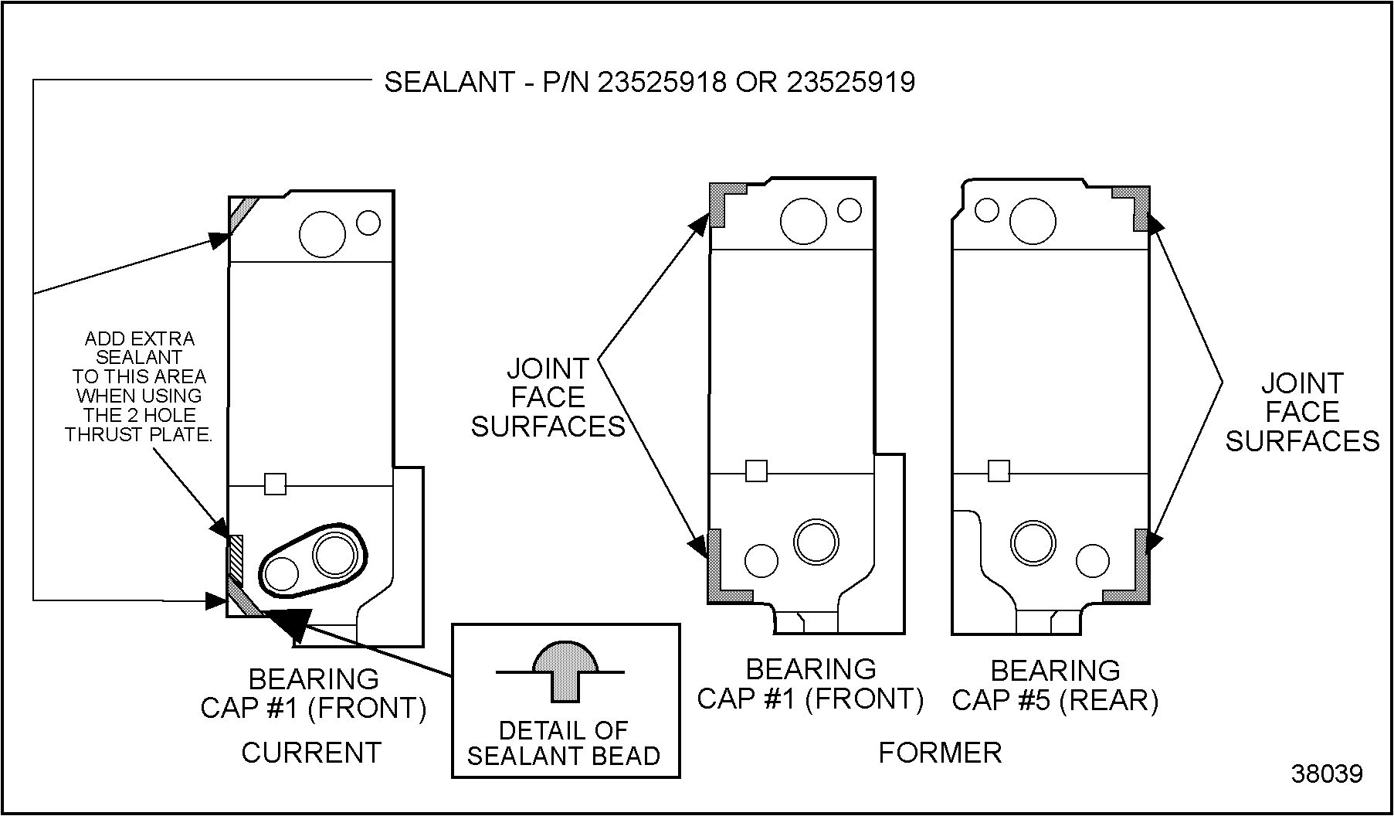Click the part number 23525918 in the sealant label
(662, 82)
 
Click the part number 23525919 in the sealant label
(850, 82)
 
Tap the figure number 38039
(1327, 773)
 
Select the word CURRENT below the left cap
(311, 752)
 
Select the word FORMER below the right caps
(940, 752)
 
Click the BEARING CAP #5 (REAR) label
(1055, 685)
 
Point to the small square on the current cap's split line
(275, 484)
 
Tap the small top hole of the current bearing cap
(368, 223)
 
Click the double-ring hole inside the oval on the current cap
(335, 554)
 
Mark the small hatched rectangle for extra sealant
(236, 558)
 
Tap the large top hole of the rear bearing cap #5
(1033, 221)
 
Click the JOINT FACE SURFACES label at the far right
(1302, 412)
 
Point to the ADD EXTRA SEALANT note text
(139, 386)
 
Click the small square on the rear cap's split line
(999, 471)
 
